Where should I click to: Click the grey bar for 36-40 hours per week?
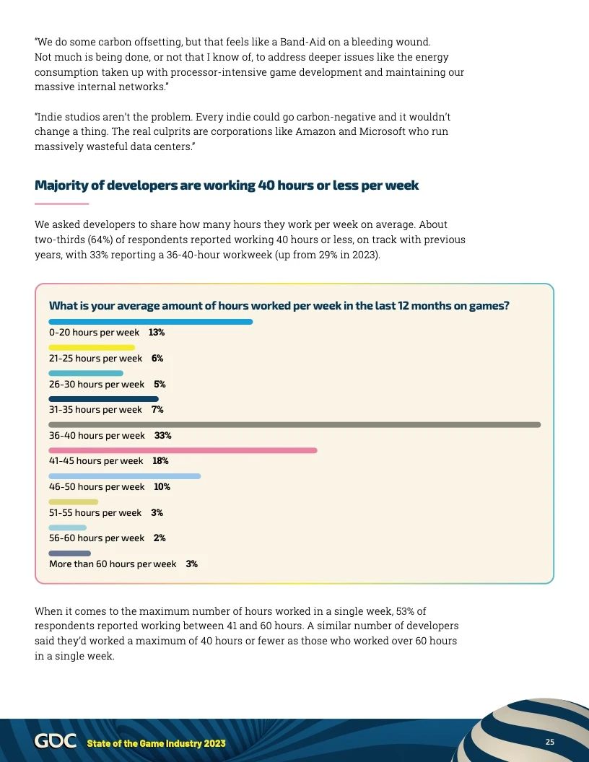point(294,424)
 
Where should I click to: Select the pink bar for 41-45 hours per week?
point(183,450)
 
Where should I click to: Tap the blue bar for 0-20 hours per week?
point(150,322)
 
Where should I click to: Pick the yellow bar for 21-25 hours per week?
point(92,348)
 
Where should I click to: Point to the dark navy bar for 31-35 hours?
point(103,399)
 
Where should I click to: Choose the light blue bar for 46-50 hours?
point(124,476)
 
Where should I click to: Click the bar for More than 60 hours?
point(69,553)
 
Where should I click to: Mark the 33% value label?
point(162,436)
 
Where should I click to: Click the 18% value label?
point(160,461)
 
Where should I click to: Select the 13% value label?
point(157,333)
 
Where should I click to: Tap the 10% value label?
point(162,487)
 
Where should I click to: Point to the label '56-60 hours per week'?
point(97,538)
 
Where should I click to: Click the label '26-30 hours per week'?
point(97,385)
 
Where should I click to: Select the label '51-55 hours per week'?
point(95,513)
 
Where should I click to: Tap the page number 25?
point(549,743)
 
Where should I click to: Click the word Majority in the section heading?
point(62,185)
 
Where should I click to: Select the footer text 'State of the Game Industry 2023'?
point(156,743)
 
